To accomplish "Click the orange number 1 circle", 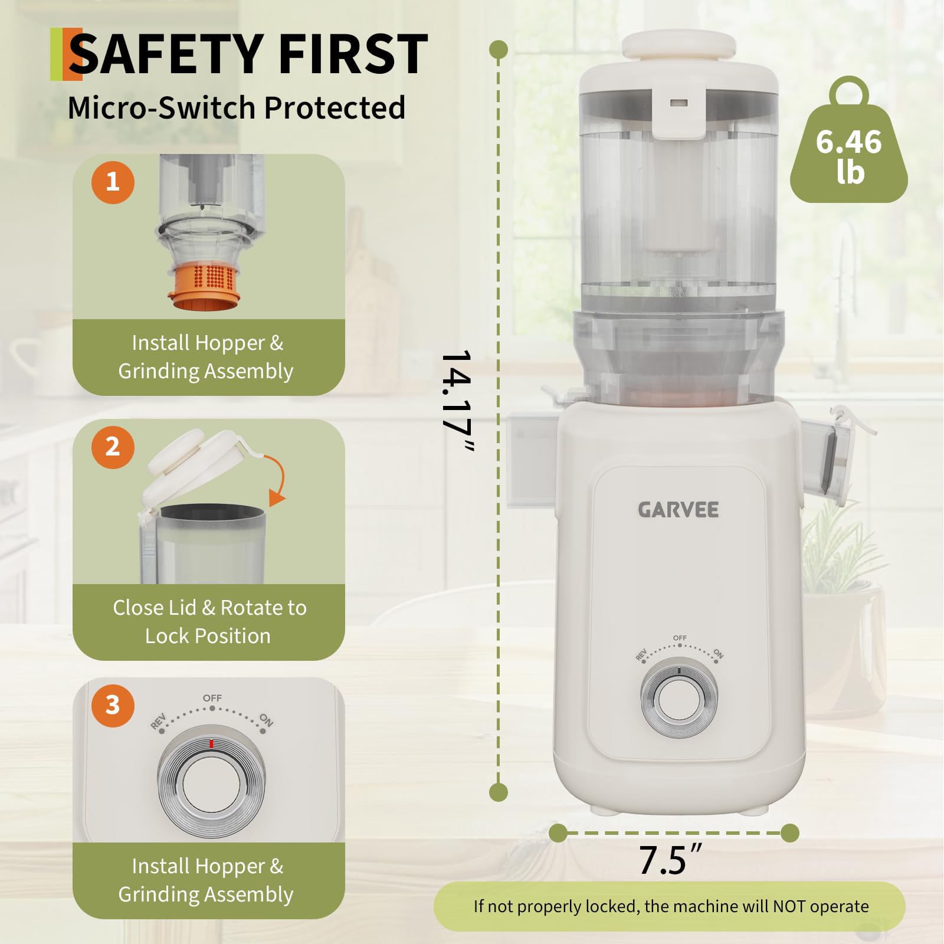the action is (x=113, y=182).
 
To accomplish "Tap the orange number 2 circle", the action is (x=113, y=447).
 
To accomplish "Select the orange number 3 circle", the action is (x=113, y=705).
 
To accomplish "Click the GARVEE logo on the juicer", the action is (x=678, y=510).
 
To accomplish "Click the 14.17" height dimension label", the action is (x=457, y=401).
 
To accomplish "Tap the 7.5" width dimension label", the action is (x=670, y=860).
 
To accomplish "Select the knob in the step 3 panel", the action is (x=211, y=785).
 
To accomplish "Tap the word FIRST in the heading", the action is (x=353, y=54).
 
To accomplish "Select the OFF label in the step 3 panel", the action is (x=212, y=698).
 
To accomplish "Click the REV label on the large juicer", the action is (x=641, y=654).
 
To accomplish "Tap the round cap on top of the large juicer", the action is (x=679, y=45).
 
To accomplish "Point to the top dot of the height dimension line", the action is (x=499, y=50).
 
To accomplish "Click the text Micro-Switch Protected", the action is (x=237, y=107).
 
